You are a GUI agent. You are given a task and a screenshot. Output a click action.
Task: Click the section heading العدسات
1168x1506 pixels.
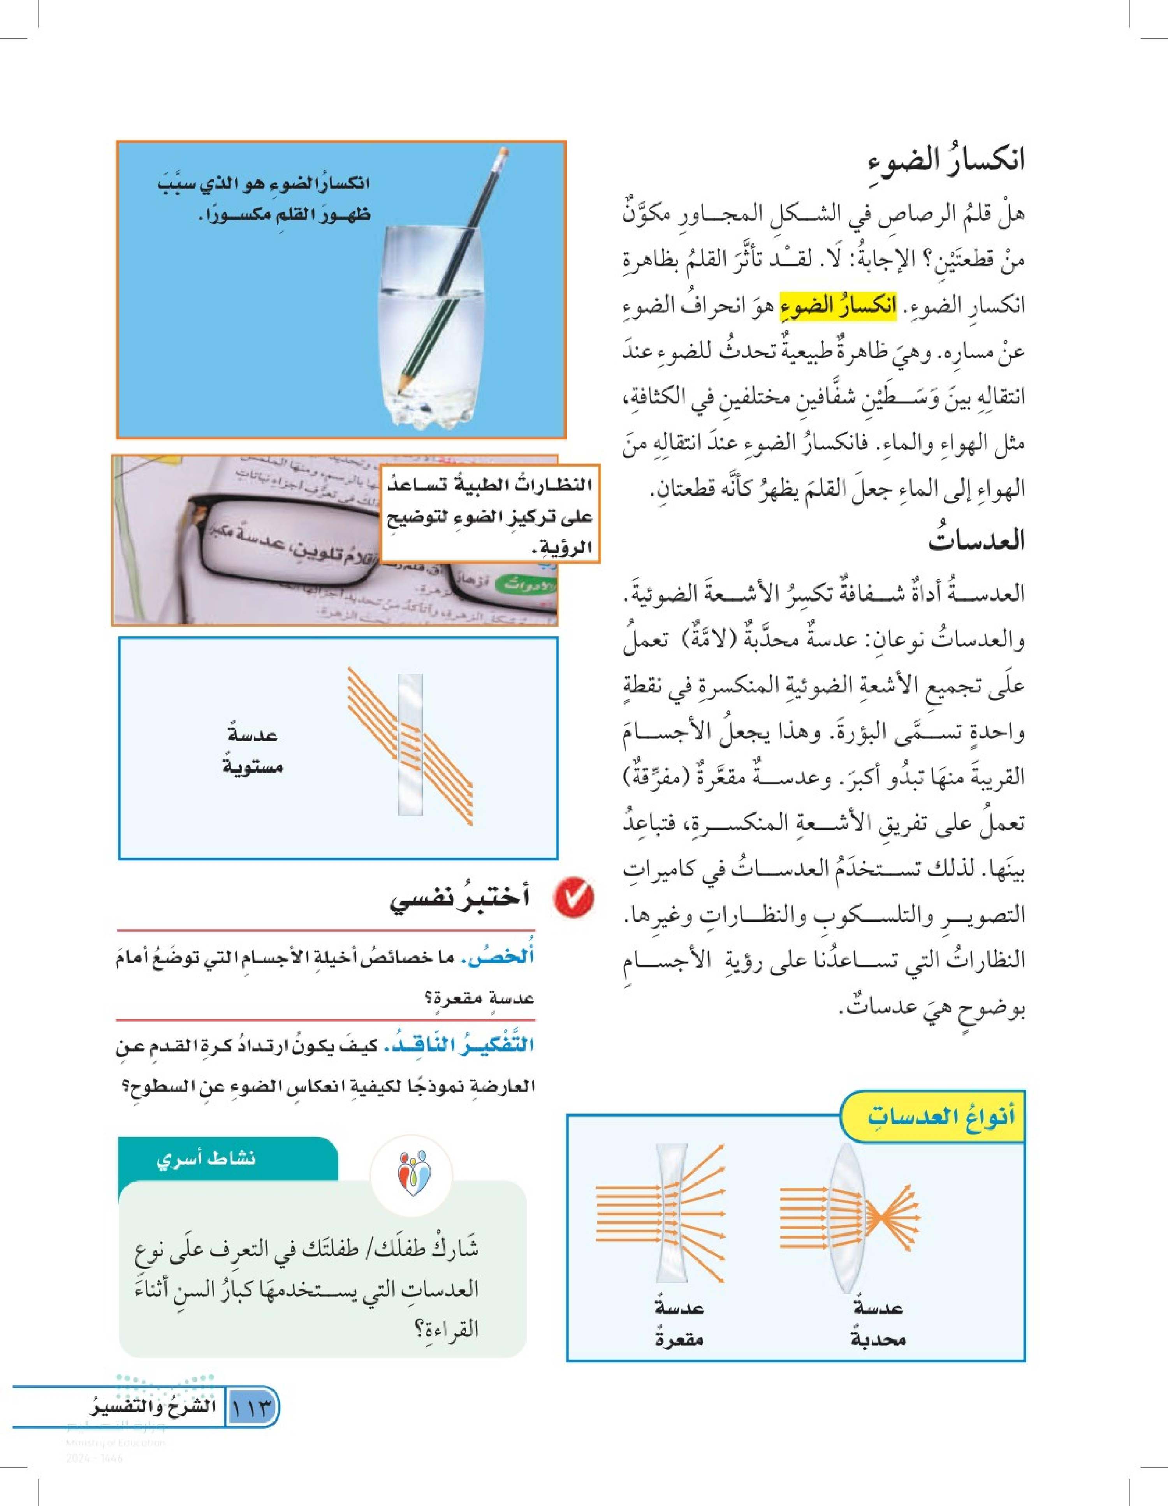(976, 539)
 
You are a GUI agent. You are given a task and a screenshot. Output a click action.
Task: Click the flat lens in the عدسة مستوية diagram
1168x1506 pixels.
(410, 745)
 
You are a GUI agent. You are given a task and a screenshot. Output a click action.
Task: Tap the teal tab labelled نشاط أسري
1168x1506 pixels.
(207, 1159)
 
